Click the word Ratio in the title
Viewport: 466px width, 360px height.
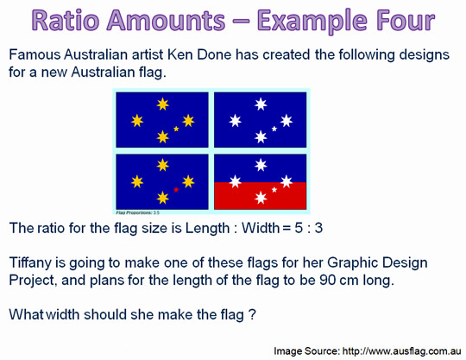(x=65, y=20)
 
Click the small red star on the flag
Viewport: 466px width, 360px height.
(x=176, y=189)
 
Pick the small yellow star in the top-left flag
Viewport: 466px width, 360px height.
(x=176, y=129)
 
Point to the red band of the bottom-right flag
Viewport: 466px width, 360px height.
(x=260, y=196)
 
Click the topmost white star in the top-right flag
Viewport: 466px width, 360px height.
(x=261, y=104)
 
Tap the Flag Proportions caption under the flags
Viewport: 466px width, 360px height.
(x=137, y=212)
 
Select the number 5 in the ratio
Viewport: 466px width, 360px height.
(x=299, y=228)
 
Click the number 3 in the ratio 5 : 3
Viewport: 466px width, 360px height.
(x=318, y=228)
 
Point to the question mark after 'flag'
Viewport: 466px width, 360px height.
(x=252, y=314)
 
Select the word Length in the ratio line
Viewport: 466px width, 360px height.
(x=207, y=229)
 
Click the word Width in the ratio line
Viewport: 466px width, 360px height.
(x=261, y=228)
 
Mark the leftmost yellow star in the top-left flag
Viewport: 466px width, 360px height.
(x=137, y=121)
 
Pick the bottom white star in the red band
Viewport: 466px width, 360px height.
(x=261, y=198)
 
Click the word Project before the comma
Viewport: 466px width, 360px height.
(x=33, y=281)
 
